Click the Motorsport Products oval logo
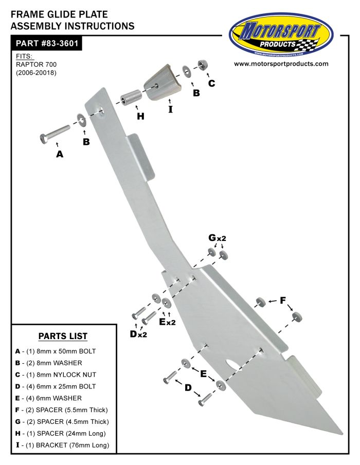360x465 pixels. (281, 35)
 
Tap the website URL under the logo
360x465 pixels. (281, 64)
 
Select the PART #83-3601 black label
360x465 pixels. (46, 43)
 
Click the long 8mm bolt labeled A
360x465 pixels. (55, 134)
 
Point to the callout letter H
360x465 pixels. (140, 116)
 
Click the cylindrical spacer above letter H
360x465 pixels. (131, 97)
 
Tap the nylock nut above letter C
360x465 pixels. (203, 65)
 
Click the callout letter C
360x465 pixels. (211, 83)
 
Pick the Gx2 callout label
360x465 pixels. (217, 238)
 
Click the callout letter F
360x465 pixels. (283, 301)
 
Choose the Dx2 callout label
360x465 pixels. (138, 334)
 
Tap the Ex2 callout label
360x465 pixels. (167, 322)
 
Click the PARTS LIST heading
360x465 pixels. (63, 336)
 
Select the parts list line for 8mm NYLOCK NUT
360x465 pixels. (56, 375)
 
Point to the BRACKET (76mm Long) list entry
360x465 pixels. (62, 445)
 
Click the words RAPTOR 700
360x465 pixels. (36, 64)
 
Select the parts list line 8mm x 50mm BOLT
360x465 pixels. (56, 351)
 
